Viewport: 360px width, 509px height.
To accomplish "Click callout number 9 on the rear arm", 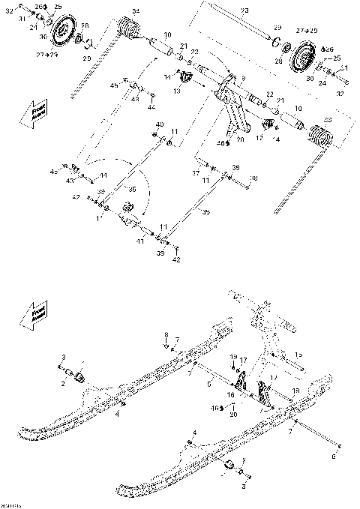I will pos(242,77).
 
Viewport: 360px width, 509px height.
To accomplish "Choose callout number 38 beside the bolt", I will pos(253,178).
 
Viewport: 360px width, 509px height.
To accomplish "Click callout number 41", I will pos(139,241).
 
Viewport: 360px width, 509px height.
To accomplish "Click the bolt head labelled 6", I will pos(340,448).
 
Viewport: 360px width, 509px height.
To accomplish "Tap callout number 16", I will pos(231,394).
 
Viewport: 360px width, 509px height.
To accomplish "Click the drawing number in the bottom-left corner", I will pos(11,505).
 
